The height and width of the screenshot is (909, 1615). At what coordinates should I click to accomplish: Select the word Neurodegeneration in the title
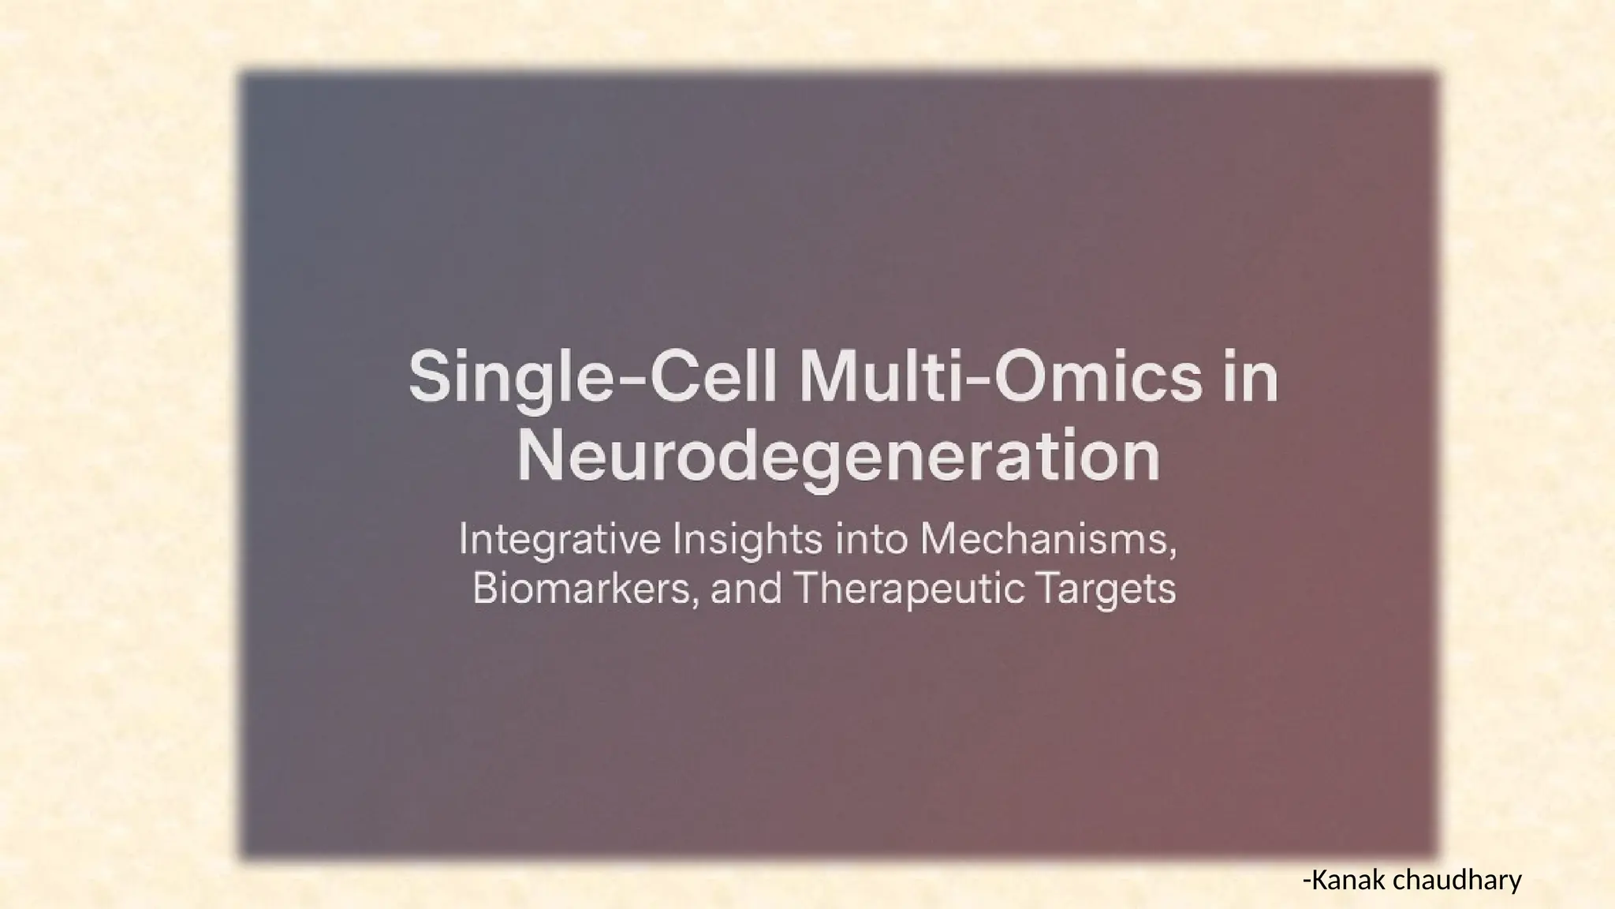[x=838, y=458]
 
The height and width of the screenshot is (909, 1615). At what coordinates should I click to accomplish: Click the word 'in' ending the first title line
[x=1253, y=379]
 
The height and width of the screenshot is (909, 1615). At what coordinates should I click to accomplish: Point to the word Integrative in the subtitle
[x=560, y=541]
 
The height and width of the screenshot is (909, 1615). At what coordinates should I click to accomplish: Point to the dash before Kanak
[x=1307, y=881]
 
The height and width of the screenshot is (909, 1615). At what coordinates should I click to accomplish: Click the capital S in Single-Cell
[x=429, y=379]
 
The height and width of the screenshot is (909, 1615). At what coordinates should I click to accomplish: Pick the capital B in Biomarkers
[x=484, y=588]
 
